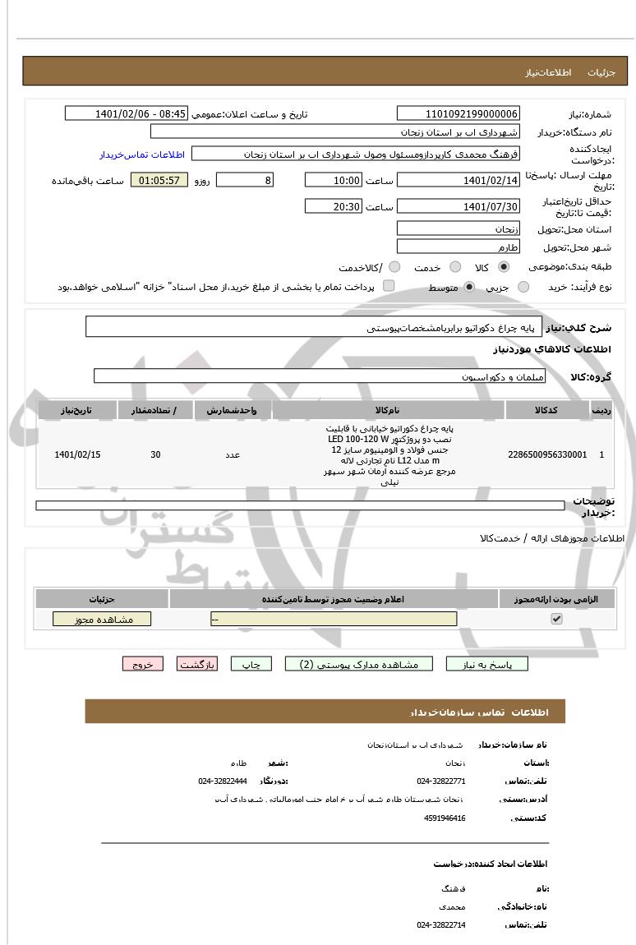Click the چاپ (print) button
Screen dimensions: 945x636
coord(251,664)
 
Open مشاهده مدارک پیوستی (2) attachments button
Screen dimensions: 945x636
coord(358,664)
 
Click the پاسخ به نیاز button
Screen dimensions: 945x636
coord(487,664)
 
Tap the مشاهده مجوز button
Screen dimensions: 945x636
coord(102,619)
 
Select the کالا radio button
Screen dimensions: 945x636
coord(504,267)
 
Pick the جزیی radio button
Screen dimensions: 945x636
coord(523,287)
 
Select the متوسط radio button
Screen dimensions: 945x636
coord(469,287)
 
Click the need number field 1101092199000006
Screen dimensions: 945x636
coord(458,114)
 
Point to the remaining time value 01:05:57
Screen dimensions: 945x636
coord(159,180)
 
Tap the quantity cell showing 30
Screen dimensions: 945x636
coord(155,454)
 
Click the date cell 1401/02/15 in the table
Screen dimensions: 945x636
coord(77,454)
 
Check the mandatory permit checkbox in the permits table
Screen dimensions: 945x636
coord(556,619)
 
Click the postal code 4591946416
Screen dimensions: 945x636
coord(445,818)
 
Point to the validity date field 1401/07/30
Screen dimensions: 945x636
coord(458,206)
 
